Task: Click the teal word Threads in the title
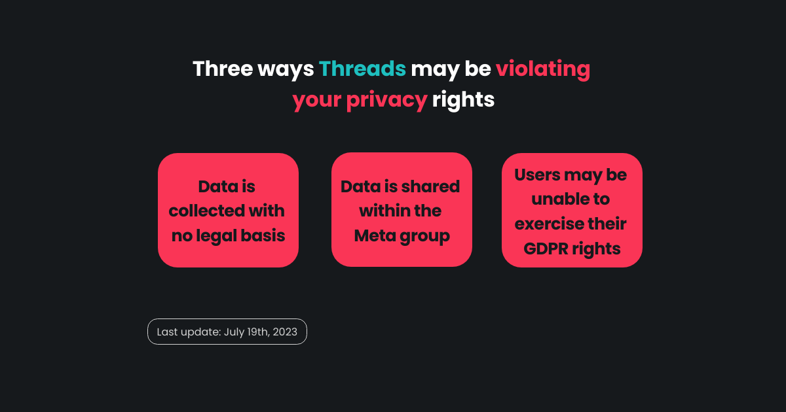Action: coord(362,69)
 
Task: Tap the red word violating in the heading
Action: coord(543,70)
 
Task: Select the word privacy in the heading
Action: coord(386,101)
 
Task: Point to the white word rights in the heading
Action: coord(463,101)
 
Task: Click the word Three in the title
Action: coord(223,69)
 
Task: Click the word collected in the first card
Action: coord(207,211)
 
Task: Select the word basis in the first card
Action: coord(263,235)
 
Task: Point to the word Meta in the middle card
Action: coord(375,235)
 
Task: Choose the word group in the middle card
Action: coord(424,237)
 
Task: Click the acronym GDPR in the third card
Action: coord(545,249)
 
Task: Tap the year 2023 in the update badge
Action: coord(285,332)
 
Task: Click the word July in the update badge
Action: coord(234,332)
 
